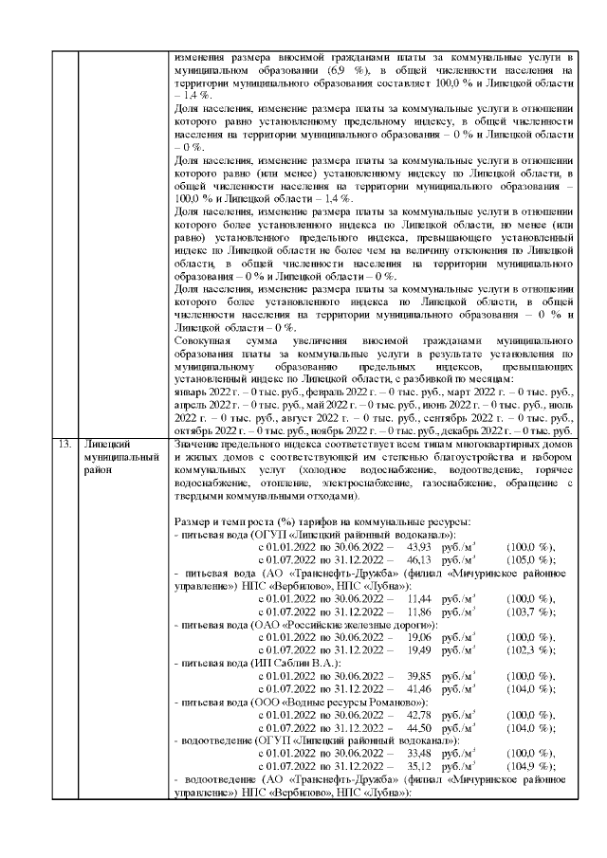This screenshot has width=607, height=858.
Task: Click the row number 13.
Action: coord(64,443)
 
